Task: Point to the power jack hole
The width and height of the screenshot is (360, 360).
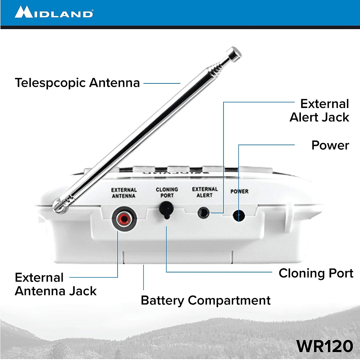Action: [238, 215]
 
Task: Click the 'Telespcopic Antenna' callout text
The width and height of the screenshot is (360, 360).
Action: [77, 83]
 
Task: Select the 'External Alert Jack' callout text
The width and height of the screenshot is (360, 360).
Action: [320, 110]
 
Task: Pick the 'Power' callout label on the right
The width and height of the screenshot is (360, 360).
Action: [330, 145]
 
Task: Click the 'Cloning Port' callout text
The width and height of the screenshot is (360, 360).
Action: [316, 273]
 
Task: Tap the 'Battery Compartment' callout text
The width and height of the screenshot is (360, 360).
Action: [206, 300]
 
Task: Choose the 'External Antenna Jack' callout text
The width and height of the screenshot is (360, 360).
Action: [55, 284]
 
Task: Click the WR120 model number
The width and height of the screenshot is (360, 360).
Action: [325, 346]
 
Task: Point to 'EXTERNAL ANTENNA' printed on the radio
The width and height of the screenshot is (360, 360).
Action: [124, 193]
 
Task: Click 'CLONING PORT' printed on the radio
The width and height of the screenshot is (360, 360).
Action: [167, 192]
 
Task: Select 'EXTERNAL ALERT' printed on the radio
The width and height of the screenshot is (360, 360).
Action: [205, 192]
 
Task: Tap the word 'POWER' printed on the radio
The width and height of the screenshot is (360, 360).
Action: [239, 191]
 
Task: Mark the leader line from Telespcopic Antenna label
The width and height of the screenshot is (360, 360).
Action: [162, 83]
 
